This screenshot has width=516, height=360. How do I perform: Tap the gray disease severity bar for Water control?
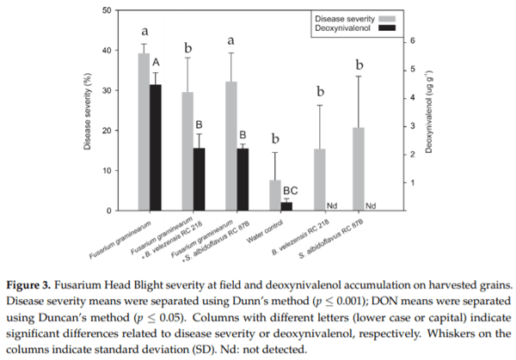pos(274,195)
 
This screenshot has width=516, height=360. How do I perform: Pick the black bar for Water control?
pos(286,206)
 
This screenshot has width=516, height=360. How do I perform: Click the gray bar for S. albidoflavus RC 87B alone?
pos(359,169)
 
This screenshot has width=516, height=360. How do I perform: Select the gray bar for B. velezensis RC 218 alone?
pos(319,180)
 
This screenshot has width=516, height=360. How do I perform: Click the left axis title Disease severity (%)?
pos(89,110)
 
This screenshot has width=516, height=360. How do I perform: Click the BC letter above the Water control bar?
pos(289,190)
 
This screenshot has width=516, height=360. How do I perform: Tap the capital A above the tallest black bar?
pos(157,62)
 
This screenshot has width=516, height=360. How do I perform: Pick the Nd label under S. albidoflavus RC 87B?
pos(372,206)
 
